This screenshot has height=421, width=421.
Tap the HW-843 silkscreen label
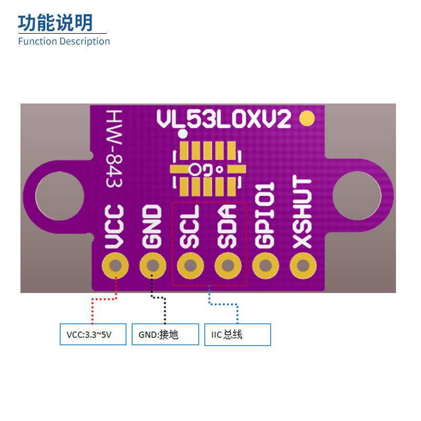(x=114, y=149)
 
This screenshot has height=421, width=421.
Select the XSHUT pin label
(x=303, y=213)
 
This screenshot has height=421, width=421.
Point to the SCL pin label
(x=189, y=226)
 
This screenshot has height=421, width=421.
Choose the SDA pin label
(x=227, y=226)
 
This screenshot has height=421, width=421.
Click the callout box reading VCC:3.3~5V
(x=93, y=335)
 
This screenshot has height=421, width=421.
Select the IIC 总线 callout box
(x=237, y=335)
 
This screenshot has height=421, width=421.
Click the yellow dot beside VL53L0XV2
(x=306, y=119)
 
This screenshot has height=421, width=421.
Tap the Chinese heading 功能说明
(x=55, y=23)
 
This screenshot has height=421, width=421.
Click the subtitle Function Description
(x=64, y=42)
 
